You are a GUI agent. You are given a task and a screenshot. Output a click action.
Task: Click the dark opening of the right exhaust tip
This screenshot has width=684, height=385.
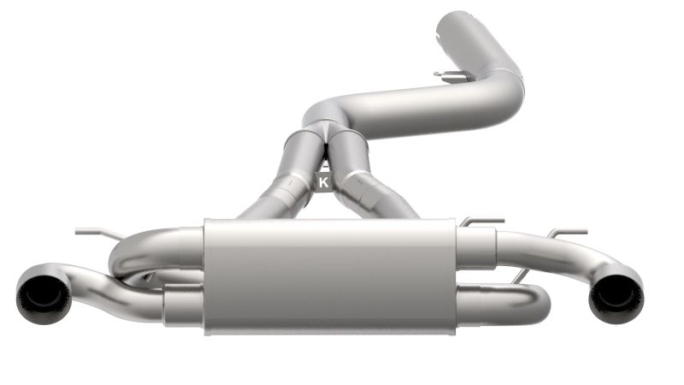tap(615, 293)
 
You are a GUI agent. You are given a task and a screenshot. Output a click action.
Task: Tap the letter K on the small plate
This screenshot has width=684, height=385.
tap(323, 181)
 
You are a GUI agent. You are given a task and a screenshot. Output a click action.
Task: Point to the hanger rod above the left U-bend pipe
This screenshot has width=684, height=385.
tap(94, 231)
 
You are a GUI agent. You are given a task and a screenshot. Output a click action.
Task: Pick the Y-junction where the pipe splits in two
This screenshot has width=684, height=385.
tap(326, 128)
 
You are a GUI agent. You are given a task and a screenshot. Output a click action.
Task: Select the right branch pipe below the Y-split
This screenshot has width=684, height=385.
tap(368, 184)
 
